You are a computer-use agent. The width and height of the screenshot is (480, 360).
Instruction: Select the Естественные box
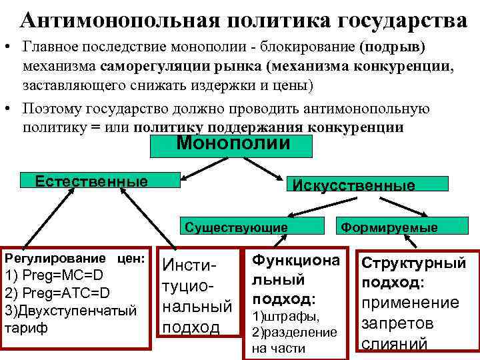[91, 181]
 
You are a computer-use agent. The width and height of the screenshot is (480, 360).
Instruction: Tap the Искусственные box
[353, 185]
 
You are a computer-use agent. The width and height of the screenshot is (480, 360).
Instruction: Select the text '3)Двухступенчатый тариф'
[70, 319]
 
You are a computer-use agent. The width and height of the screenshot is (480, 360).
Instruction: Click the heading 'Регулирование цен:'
[75, 257]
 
